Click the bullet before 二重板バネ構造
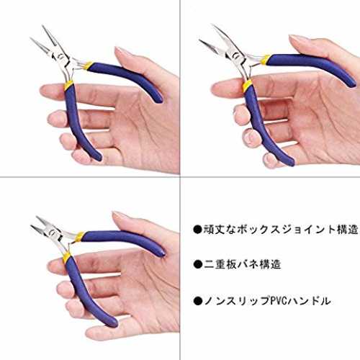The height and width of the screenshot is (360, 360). pos(198,265)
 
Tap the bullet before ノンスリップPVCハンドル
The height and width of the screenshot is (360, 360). pos(198,301)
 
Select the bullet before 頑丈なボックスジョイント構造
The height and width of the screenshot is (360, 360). pos(198,230)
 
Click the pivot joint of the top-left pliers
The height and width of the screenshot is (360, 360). pos(60,57)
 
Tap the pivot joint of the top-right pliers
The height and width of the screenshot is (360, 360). pos(233,56)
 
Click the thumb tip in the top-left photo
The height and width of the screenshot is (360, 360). pos(120,51)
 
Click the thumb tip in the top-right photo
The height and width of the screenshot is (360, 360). pos(295,39)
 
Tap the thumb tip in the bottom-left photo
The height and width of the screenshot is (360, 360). pos(118,215)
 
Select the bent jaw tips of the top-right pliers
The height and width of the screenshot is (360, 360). pos(204,42)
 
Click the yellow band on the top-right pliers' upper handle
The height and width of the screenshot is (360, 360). pos(266,59)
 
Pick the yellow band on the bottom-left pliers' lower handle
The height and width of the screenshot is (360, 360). pos(66,257)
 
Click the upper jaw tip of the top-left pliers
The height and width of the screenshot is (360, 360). pos(43,26)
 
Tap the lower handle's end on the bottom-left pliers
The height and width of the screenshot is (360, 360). pos(113,323)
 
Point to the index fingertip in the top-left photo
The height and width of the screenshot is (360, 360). pos(45,89)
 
